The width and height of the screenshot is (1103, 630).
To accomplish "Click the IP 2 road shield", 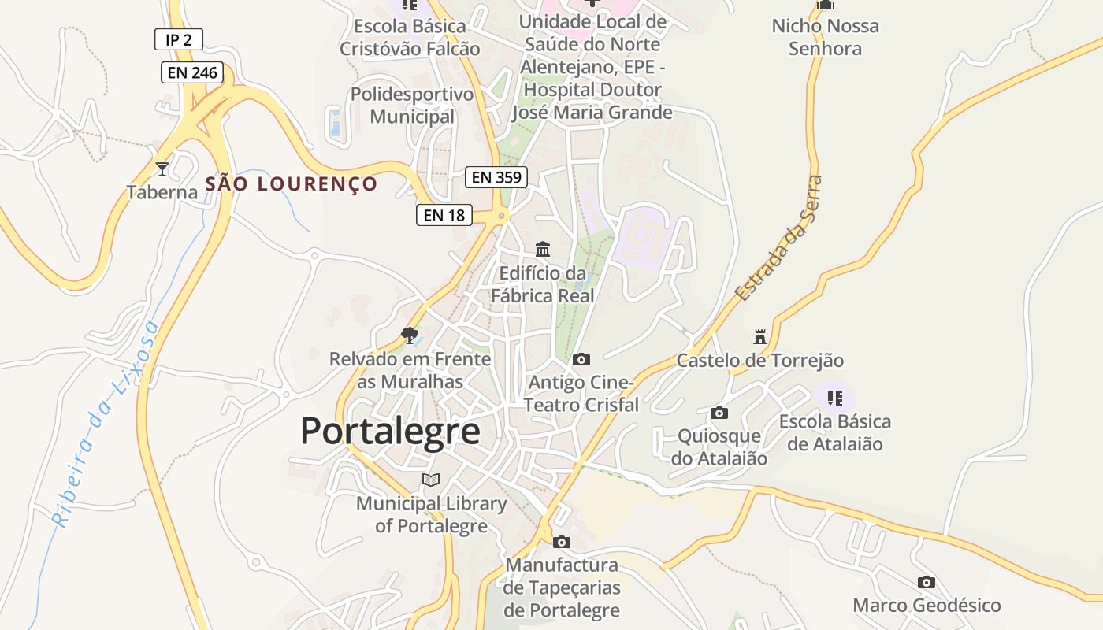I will (x=179, y=39).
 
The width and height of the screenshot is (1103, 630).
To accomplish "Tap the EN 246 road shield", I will (x=193, y=73).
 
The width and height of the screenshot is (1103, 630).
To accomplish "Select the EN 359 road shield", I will (x=496, y=177).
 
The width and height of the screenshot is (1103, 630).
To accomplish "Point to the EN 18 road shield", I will (x=444, y=214).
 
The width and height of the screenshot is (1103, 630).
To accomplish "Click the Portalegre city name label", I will (x=390, y=432).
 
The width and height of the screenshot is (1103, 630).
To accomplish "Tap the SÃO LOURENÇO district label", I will (x=292, y=184).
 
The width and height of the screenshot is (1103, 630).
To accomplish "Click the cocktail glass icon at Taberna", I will (x=162, y=169).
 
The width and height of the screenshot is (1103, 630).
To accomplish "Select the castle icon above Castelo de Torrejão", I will (x=760, y=337).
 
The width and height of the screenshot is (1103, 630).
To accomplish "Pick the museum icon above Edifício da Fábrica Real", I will (x=543, y=250).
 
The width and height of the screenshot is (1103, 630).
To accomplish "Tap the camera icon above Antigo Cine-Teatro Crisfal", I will (x=581, y=360).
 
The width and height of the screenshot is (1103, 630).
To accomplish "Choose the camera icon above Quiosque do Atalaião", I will (x=719, y=413).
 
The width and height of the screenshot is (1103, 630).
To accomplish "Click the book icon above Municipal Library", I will (x=430, y=480).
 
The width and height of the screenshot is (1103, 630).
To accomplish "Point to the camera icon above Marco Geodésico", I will (x=927, y=583).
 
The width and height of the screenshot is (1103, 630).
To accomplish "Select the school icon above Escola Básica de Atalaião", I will (x=835, y=398).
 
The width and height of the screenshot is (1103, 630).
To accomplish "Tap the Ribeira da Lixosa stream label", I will (x=104, y=424).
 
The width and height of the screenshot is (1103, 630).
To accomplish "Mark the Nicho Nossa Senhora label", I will (x=825, y=37).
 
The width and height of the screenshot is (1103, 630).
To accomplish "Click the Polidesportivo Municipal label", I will (x=412, y=106).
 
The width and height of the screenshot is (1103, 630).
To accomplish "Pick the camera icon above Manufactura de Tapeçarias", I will (x=562, y=542).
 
